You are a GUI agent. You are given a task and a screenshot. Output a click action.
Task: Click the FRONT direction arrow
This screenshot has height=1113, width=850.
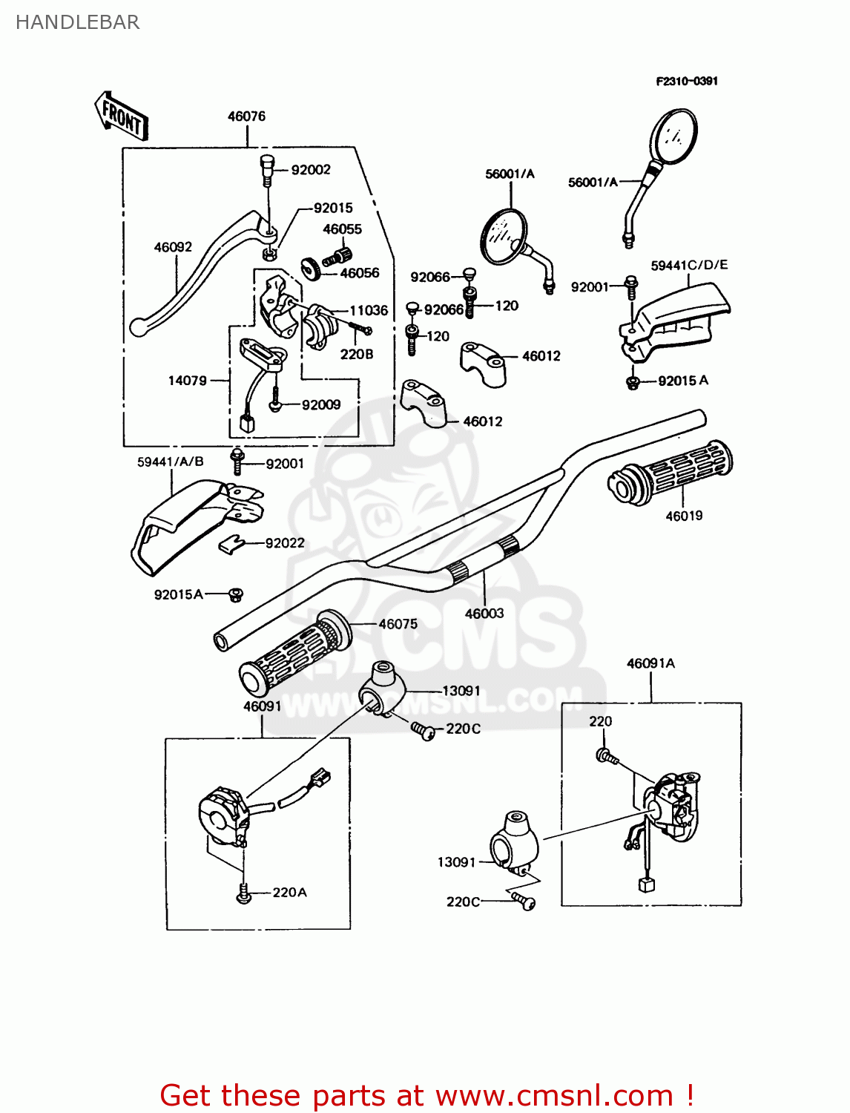[x=122, y=116]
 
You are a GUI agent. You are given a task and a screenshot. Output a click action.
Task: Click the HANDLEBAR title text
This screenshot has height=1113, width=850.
[x=77, y=22]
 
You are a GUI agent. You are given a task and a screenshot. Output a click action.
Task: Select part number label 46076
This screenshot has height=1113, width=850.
[x=246, y=116]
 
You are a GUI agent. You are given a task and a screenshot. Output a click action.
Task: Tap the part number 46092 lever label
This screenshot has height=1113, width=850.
[x=173, y=247]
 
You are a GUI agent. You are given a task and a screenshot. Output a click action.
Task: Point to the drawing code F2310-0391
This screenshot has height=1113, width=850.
[x=687, y=81]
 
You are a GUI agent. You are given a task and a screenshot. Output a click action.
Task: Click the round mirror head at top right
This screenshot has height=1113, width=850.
[x=673, y=136]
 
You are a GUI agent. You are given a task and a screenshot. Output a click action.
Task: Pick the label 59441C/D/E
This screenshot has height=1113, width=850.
[x=689, y=265]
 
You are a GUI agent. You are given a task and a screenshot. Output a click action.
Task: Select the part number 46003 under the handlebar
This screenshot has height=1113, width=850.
[x=484, y=613]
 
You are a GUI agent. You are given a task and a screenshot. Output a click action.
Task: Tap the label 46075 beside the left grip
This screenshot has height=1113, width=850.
[x=398, y=624]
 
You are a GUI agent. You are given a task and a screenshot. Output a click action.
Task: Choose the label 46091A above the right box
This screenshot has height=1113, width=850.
[x=650, y=663]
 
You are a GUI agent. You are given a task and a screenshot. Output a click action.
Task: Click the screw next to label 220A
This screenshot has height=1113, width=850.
[x=243, y=895]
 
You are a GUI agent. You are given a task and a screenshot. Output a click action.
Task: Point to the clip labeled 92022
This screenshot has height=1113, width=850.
[x=232, y=545]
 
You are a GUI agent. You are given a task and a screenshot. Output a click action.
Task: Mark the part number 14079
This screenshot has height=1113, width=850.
[x=187, y=381]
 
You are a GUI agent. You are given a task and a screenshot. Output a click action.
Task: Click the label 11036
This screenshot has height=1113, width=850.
[x=369, y=310]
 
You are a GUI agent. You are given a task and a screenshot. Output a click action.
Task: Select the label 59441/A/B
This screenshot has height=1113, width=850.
[x=170, y=462]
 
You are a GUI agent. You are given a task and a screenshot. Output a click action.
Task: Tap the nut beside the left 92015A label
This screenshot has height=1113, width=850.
[x=236, y=594]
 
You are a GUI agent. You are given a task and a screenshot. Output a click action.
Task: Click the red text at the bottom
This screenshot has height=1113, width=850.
[x=426, y=1095]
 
